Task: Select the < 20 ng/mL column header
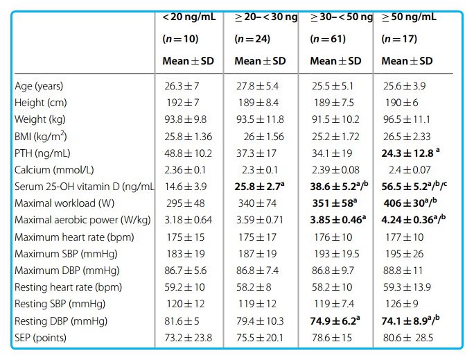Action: click(x=188, y=17)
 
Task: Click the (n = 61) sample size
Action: click(x=328, y=39)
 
